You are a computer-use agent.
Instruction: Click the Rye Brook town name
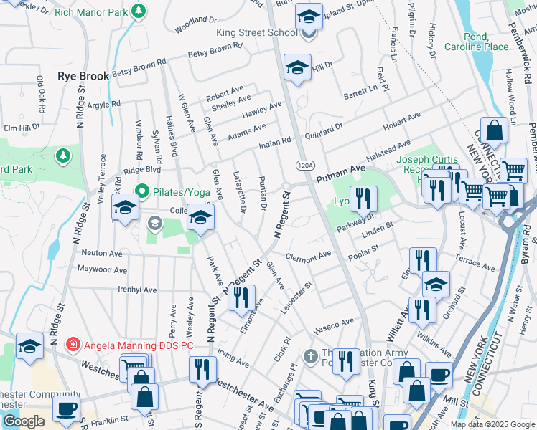(83, 76)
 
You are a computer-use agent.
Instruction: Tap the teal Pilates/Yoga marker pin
(141, 191)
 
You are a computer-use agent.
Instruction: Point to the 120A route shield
(305, 166)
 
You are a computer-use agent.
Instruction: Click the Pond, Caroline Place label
(466, 42)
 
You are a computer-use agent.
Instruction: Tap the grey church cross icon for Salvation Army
(310, 355)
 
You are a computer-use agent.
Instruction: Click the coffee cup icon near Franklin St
(67, 409)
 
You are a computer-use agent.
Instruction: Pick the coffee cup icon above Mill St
(439, 375)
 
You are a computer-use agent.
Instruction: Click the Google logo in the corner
(24, 421)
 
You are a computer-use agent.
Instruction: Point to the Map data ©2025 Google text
(492, 424)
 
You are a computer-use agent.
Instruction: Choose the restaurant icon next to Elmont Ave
(241, 297)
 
